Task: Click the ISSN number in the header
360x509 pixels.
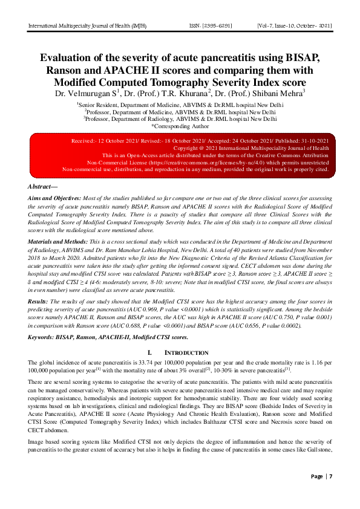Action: coord(213,26)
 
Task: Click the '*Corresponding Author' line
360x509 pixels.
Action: coord(180,126)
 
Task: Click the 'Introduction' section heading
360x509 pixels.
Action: coord(180,351)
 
